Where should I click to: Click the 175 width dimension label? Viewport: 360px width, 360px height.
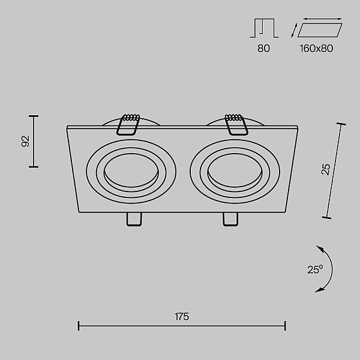[182, 317]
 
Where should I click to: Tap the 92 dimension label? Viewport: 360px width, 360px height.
[25, 142]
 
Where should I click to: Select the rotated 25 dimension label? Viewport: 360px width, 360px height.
[326, 169]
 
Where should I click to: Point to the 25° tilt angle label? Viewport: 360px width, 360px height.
[315, 269]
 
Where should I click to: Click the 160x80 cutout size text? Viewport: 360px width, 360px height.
[316, 49]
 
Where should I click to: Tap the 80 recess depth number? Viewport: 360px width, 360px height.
[263, 49]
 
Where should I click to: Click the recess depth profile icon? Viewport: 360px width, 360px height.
[264, 28]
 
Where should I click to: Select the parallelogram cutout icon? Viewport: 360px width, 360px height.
[320, 30]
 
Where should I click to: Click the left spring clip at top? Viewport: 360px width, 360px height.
[128, 124]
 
